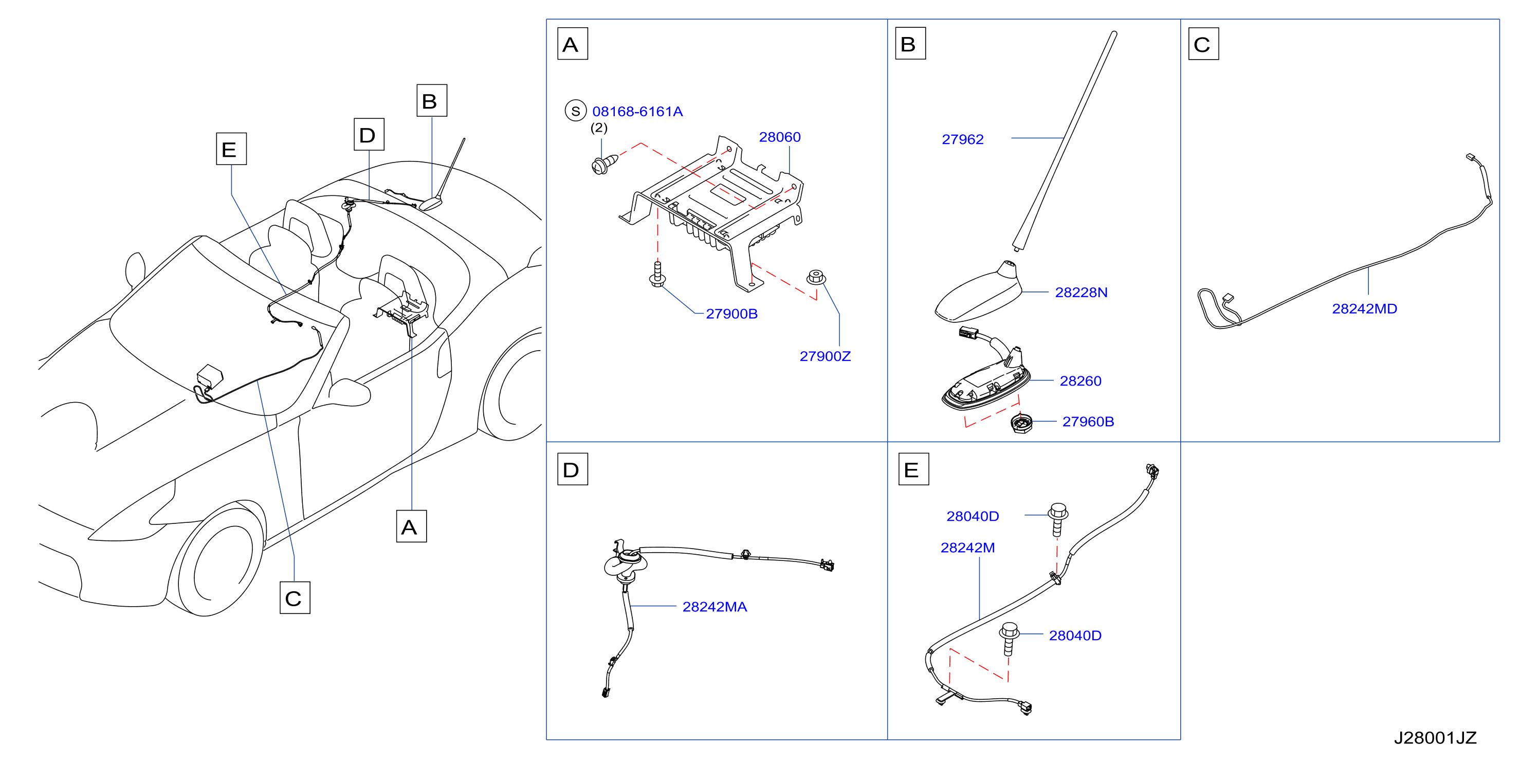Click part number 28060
[x=779, y=137]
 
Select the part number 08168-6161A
[x=637, y=111]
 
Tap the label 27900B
[x=731, y=314]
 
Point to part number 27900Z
[x=825, y=356]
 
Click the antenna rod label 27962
[x=962, y=139]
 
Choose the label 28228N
[x=1081, y=292]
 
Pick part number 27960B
[x=1088, y=422]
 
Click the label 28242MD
[x=1364, y=308]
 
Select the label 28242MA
[x=714, y=607]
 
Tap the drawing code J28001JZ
[x=1435, y=738]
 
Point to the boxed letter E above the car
[x=231, y=149]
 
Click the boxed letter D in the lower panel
[x=572, y=469]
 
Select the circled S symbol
[x=576, y=111]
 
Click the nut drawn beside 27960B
[x=1021, y=423]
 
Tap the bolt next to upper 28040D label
[x=1057, y=519]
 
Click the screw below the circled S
[x=603, y=164]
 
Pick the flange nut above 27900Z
[x=816, y=278]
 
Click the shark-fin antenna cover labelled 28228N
[x=979, y=292]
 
